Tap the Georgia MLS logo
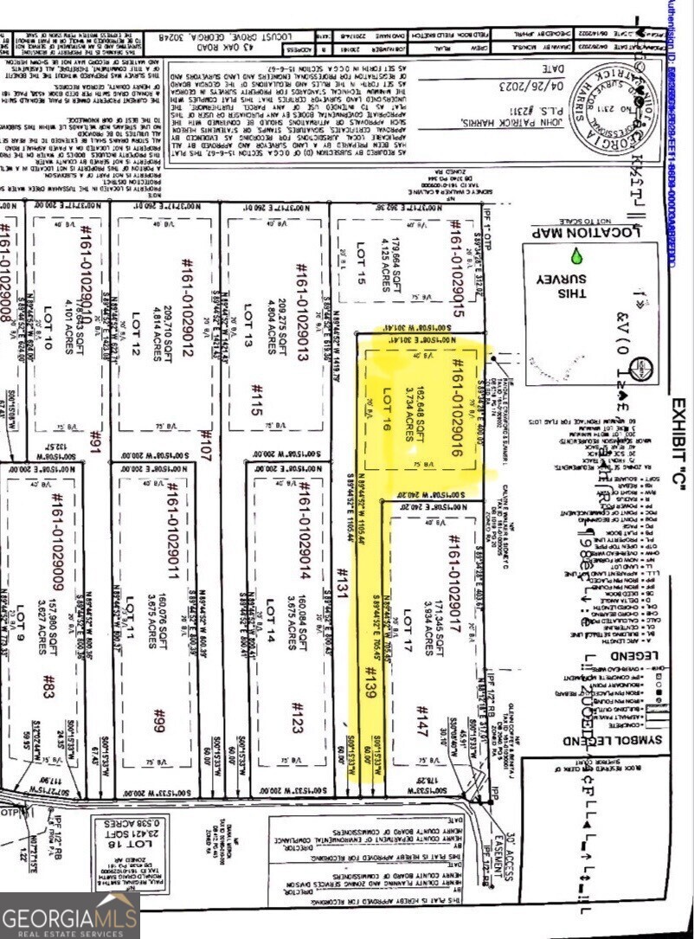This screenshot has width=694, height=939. [69, 916]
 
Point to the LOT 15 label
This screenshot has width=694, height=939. [361, 265]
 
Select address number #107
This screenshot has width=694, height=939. [205, 446]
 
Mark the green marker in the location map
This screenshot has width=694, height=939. [577, 257]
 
